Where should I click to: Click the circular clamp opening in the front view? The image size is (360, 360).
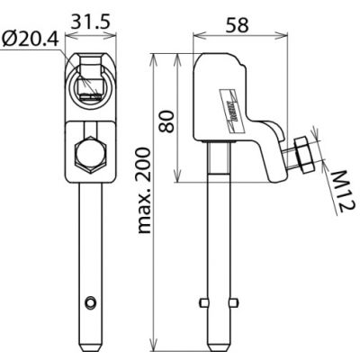[92, 79]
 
